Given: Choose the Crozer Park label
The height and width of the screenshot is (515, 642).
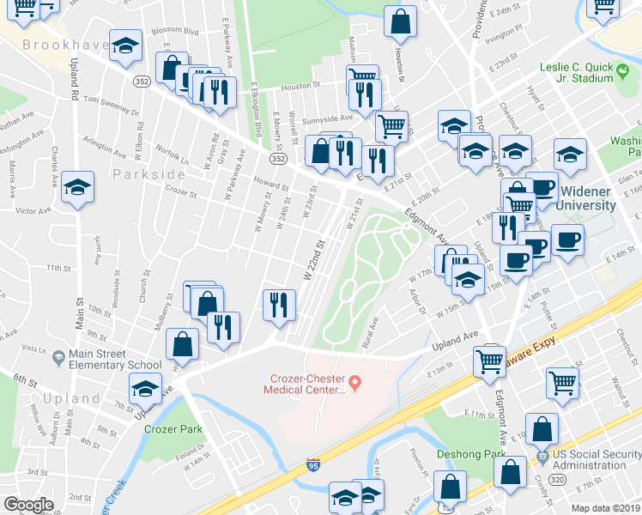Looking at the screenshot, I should coord(173,428).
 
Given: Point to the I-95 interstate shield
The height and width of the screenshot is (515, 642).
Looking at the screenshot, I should coord(314,466).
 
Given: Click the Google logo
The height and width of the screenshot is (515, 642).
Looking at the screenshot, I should coord(28,505).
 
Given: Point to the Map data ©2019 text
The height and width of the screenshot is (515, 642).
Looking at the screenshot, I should coord(604,507).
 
